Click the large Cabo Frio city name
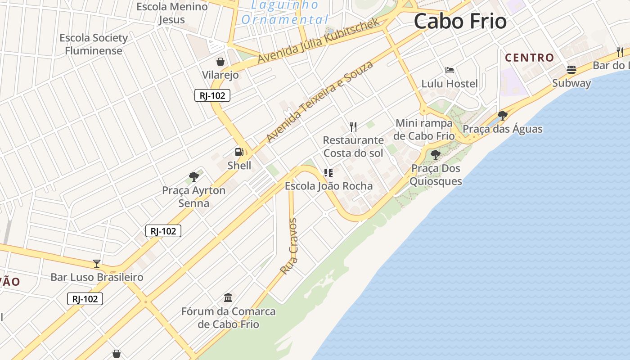[x=460, y=22]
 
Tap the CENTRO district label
[x=529, y=58]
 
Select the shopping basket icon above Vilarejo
[x=220, y=62]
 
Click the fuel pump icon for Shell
[x=239, y=152]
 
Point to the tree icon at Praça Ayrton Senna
[x=194, y=176]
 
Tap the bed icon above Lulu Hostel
[x=449, y=70]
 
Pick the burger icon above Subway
[x=571, y=70]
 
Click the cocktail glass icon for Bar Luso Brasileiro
[x=97, y=263]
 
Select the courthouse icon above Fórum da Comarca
[x=228, y=297]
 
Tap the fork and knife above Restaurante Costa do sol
[x=353, y=127]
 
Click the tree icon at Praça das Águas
[x=503, y=116]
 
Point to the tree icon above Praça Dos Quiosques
[x=435, y=155]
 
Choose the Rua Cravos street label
[x=289, y=246]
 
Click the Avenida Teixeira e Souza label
[x=319, y=102]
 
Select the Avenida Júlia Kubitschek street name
[x=319, y=41]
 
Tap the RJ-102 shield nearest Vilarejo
[x=212, y=95]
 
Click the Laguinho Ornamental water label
[x=285, y=13]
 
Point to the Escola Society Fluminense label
[x=94, y=44]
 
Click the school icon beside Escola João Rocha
[x=328, y=172]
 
